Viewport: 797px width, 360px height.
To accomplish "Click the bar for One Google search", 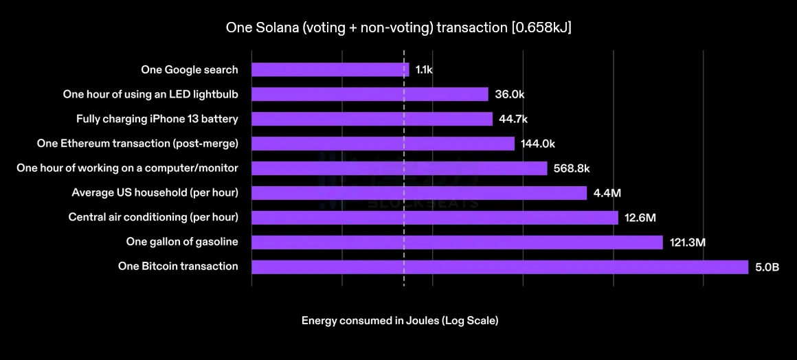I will tap(330, 69).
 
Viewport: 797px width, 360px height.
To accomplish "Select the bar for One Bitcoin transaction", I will tap(499, 267).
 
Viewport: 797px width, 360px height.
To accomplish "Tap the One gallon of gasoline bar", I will tap(457, 242).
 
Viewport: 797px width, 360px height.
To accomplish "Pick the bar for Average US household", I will tap(419, 193).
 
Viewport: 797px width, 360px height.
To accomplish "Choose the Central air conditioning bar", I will tap(435, 217).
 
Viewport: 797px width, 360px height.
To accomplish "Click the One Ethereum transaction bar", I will tap(383, 144).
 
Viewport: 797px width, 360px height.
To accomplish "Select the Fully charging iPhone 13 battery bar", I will tap(372, 119).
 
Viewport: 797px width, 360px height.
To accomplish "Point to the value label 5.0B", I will tap(767, 267).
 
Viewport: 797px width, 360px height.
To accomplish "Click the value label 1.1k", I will tap(424, 70).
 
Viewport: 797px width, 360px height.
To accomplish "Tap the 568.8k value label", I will tap(572, 168).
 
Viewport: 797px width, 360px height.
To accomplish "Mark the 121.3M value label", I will tap(688, 243).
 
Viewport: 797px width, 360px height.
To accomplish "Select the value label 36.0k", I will tap(509, 95).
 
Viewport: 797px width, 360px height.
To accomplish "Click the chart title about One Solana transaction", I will tap(398, 28).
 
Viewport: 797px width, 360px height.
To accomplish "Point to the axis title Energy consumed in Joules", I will tap(400, 321).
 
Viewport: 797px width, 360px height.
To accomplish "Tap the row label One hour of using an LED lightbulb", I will tap(150, 94).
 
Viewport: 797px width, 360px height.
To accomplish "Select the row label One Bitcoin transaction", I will tap(178, 267).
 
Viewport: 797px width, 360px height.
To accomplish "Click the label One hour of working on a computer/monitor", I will tap(127, 168).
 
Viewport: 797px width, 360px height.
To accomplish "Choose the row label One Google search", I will tap(190, 69).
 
